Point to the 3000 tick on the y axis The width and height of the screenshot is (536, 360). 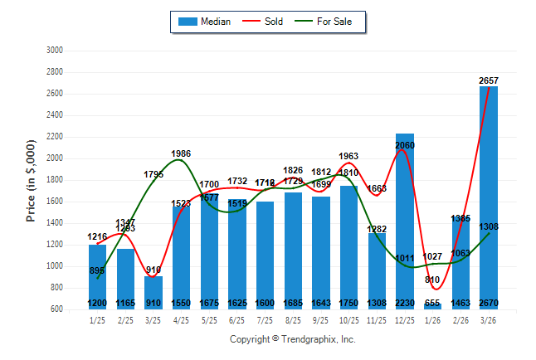click(54, 51)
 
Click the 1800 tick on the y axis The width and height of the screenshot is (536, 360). click(54, 180)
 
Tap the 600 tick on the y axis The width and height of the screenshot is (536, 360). click(56, 309)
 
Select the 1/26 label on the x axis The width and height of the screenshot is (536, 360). click(433, 320)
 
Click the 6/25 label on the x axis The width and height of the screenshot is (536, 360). click(237, 320)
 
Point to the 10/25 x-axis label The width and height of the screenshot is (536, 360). click(349, 320)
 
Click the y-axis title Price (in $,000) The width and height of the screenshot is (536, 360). click(31, 180)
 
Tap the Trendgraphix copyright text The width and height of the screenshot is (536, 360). click(292, 339)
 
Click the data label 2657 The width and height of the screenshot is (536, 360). click(489, 80)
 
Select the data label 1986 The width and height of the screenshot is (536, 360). click(181, 153)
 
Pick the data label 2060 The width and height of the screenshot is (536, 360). click(405, 145)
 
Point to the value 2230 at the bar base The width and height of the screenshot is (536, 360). click(405, 303)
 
